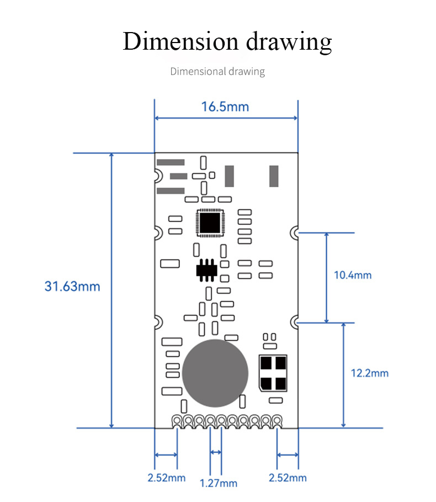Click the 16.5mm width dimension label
point(225,107)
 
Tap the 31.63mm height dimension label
point(72,287)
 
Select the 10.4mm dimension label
point(353,276)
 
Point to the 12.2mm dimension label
point(369,373)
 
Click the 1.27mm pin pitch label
point(218,483)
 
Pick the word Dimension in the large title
point(180,41)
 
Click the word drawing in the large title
point(289,43)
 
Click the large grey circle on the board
point(215,373)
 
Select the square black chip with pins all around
point(210,223)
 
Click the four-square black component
point(273,373)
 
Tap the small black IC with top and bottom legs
point(206,270)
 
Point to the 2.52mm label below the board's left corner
point(166,478)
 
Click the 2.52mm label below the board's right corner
point(288,478)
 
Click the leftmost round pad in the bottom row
point(177,420)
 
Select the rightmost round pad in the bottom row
point(277,420)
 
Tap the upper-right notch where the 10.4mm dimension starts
point(294,232)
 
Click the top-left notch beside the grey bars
point(158,176)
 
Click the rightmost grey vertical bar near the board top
point(274,176)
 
